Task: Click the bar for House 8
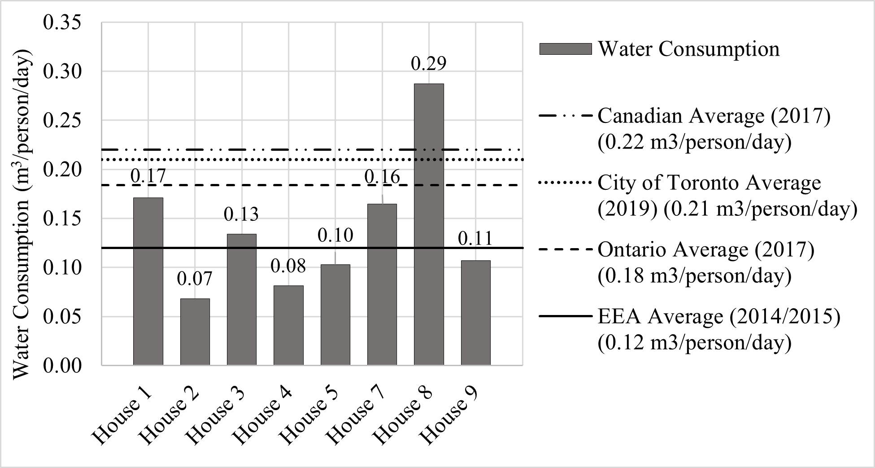pos(429,224)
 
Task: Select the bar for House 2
pos(195,332)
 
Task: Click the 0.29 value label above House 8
pos(429,64)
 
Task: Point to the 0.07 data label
pos(194,279)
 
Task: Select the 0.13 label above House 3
pos(241,214)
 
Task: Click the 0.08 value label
pos(288,266)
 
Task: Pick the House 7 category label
pos(356,416)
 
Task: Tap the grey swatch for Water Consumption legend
pos(565,49)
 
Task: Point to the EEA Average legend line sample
pos(565,316)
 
